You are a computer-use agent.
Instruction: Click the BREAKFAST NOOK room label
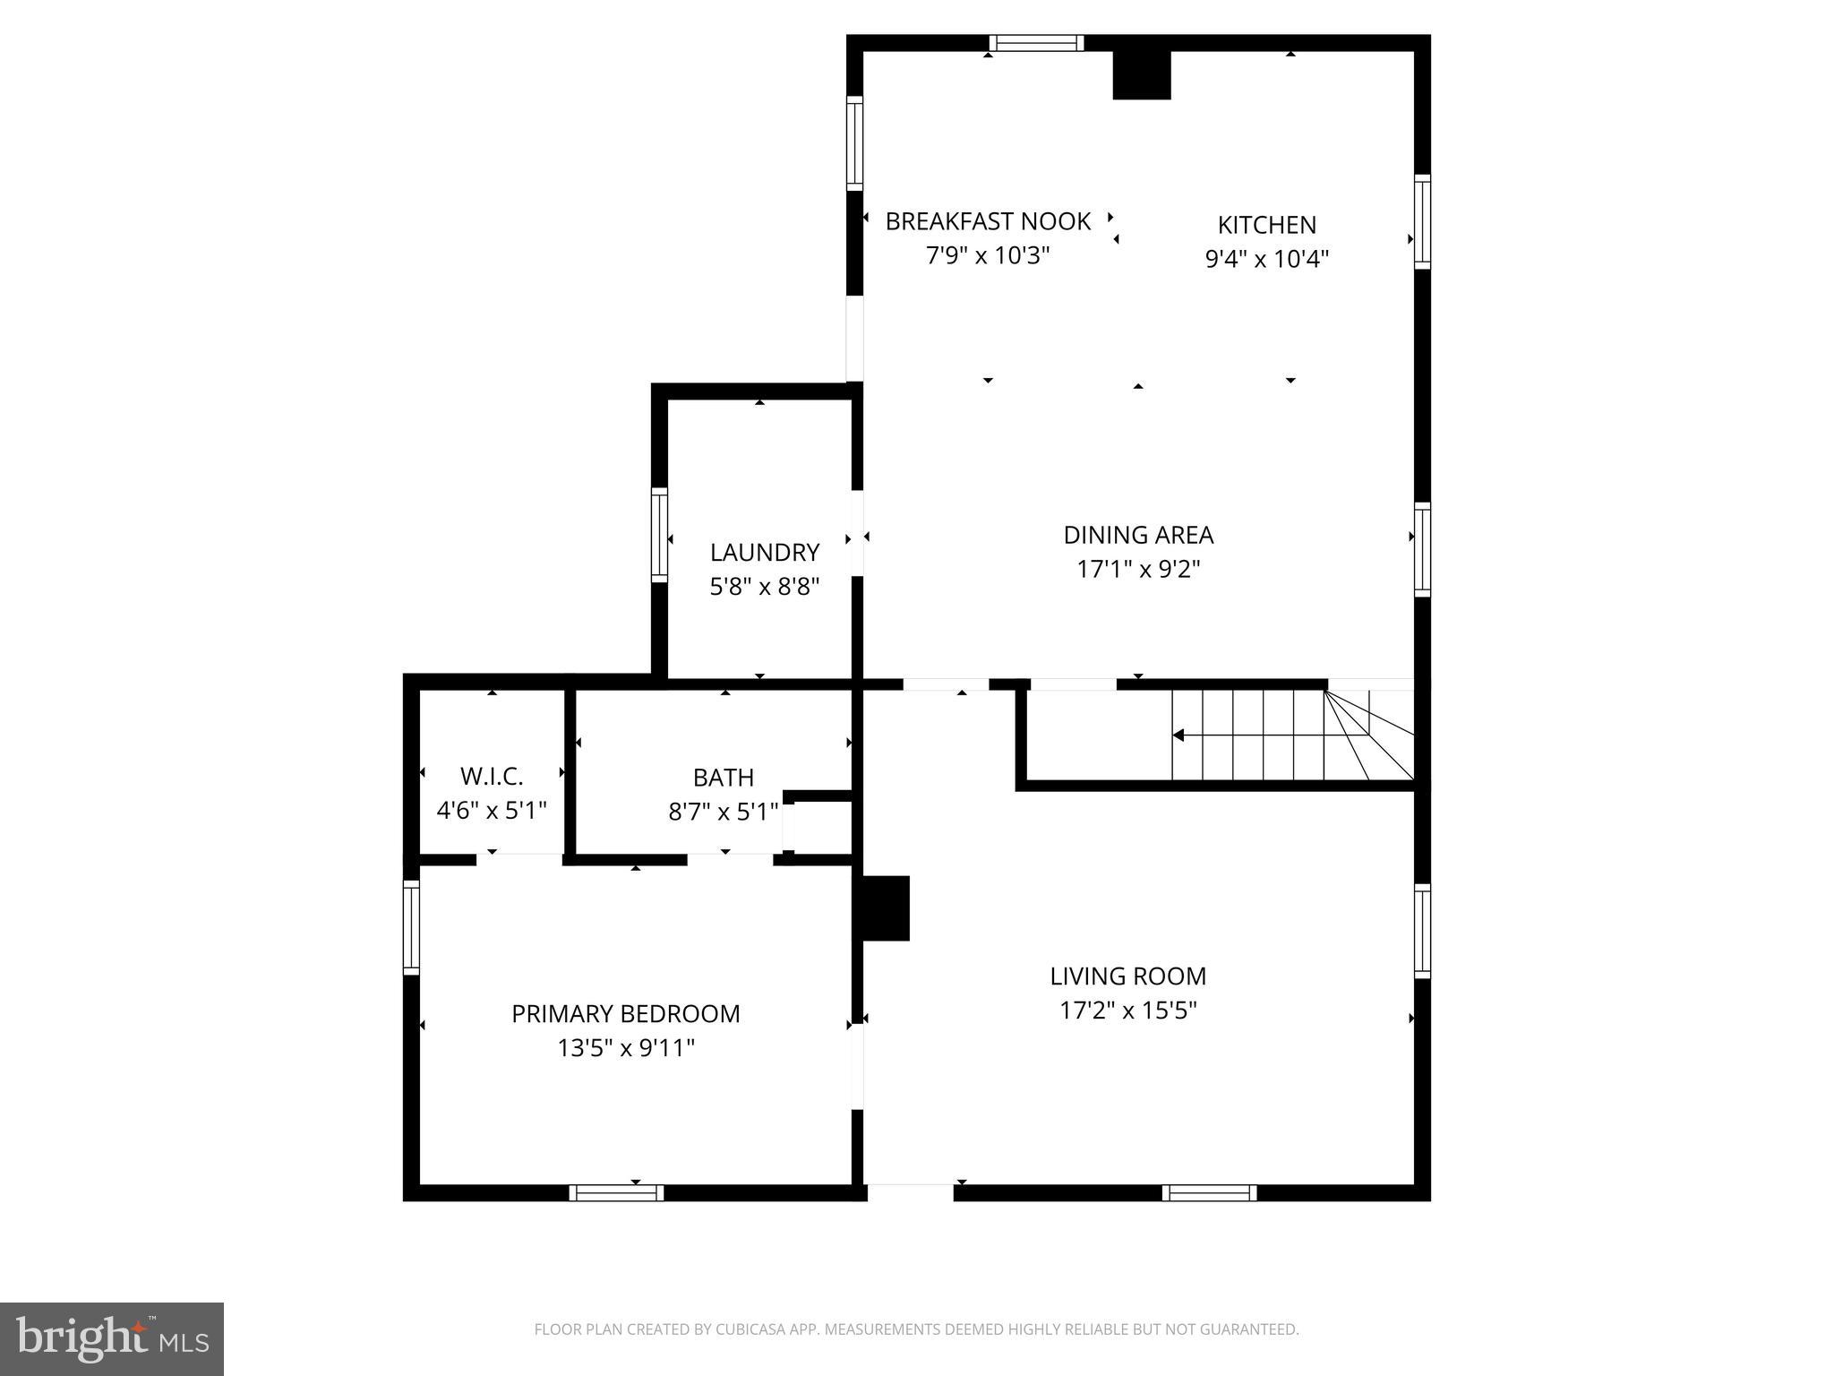[x=988, y=221]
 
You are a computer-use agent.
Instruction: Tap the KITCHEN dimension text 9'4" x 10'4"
[x=1266, y=259]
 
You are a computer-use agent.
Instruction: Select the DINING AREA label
[x=1138, y=535]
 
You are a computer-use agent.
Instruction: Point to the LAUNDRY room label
[x=765, y=552]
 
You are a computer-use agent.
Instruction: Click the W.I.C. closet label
[x=492, y=776]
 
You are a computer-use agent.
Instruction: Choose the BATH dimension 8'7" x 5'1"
[x=724, y=812]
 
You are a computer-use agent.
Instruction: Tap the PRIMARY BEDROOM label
[x=626, y=1013]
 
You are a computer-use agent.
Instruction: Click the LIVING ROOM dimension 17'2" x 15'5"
[x=1128, y=1010]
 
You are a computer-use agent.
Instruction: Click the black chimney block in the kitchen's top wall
[x=1142, y=75]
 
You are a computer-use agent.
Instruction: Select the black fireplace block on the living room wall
[x=886, y=907]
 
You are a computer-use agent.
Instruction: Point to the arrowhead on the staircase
[x=1179, y=735]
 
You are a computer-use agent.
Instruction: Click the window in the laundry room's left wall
[x=659, y=535]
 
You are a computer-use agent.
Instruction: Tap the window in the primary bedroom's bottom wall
[x=616, y=1192]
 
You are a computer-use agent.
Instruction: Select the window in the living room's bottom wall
[x=1209, y=1192]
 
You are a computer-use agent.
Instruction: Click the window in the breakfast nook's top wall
[x=1036, y=43]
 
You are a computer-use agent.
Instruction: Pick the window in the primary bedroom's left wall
[x=411, y=926]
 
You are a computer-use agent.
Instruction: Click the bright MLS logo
[x=112, y=1338]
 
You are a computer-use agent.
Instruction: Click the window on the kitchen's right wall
[x=1422, y=221]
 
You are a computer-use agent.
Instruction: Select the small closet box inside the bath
[x=817, y=825]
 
